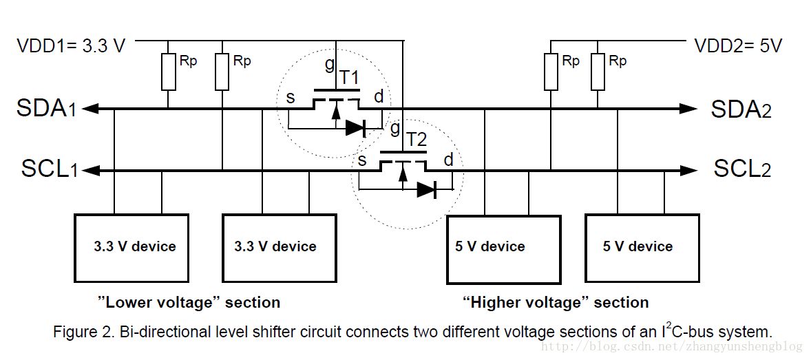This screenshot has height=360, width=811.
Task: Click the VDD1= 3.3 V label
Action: click(x=71, y=46)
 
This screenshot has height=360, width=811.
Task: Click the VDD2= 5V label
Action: click(x=738, y=46)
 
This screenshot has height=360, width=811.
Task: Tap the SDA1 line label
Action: click(x=48, y=108)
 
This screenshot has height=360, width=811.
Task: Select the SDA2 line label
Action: click(x=741, y=108)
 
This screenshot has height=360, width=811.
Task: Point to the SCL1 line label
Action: click(x=49, y=169)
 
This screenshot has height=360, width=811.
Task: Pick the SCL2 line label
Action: click(x=742, y=169)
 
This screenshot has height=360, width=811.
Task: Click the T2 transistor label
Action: click(x=417, y=140)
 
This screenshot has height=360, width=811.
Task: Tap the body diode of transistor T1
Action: click(x=355, y=127)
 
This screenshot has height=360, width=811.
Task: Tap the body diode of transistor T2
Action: click(x=426, y=189)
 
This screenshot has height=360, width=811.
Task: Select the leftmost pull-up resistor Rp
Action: click(x=169, y=72)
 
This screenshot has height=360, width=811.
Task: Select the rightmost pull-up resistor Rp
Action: click(x=598, y=72)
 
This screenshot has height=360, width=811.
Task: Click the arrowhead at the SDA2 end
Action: click(x=688, y=108)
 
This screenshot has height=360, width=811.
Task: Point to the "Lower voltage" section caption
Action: click(x=189, y=302)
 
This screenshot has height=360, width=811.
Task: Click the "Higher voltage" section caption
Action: click(x=556, y=302)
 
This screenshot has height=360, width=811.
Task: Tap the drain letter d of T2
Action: click(x=448, y=160)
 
